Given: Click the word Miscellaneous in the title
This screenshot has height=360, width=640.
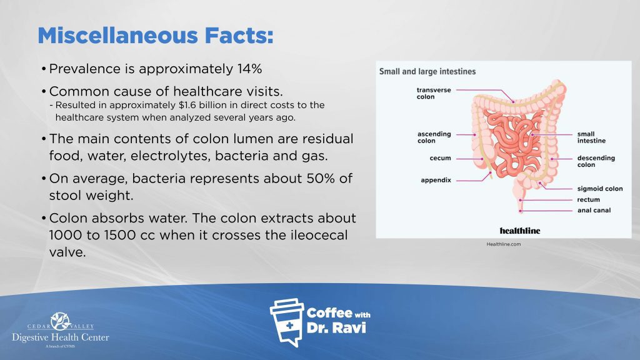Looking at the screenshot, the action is click(118, 36).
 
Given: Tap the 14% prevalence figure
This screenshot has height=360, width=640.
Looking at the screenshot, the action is click(249, 69).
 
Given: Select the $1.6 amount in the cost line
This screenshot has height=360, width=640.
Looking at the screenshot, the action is click(187, 105).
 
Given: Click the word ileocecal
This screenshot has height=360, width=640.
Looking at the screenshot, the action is click(313, 235).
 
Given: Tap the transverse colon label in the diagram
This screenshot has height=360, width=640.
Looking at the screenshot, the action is click(434, 94).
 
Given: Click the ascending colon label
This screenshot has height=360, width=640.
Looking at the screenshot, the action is click(434, 137).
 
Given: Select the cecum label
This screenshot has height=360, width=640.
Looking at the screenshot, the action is click(441, 158).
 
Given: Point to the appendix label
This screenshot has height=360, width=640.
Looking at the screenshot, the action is click(436, 180).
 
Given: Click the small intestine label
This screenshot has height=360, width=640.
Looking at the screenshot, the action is click(591, 137).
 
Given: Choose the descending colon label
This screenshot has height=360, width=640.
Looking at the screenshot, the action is click(596, 161).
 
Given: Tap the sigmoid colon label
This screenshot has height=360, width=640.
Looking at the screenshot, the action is click(600, 189).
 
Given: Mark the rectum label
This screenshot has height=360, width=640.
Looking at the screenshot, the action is click(589, 199).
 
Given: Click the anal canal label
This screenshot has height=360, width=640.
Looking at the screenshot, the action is click(594, 210).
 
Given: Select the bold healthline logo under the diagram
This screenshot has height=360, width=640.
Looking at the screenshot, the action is click(519, 231).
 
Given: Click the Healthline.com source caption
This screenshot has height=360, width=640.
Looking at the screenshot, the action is click(504, 244).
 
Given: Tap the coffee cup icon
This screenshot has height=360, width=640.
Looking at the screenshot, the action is click(287, 322).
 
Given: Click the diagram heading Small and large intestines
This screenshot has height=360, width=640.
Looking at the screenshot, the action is click(427, 71).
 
